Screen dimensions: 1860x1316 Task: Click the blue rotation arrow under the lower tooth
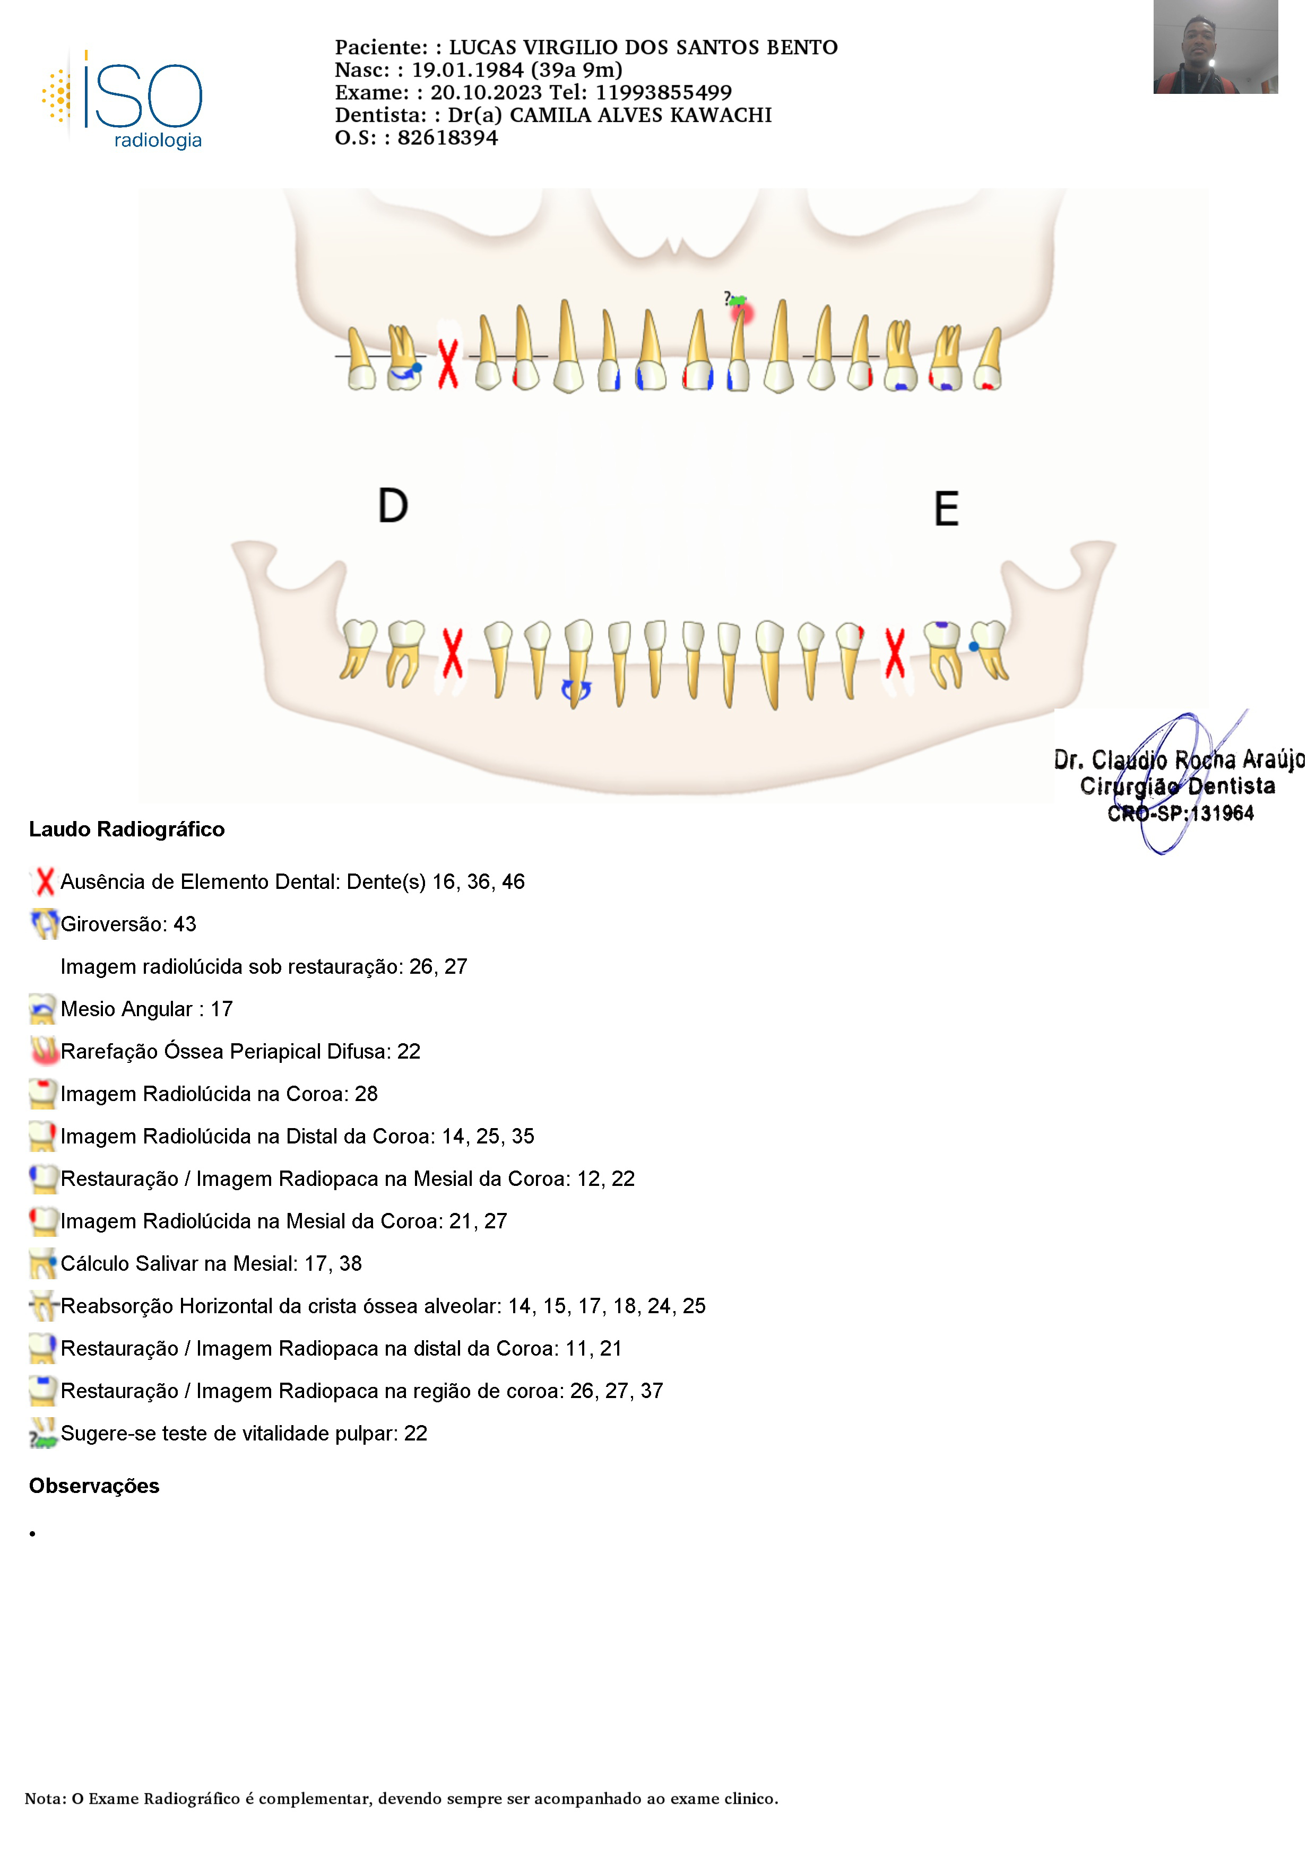click(x=576, y=690)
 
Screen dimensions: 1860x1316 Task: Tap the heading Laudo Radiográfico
click(x=126, y=829)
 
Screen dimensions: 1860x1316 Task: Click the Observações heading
click(x=94, y=1486)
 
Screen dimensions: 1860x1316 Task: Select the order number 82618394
click(x=447, y=138)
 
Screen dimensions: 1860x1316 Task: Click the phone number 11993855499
click(x=664, y=92)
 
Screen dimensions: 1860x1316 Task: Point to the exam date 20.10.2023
click(x=486, y=92)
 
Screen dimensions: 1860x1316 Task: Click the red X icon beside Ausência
click(x=45, y=881)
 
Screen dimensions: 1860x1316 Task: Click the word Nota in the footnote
click(x=45, y=1798)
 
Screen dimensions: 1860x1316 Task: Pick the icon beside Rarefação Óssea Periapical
click(x=44, y=1052)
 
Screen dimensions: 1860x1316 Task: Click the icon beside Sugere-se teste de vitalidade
click(x=44, y=1434)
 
